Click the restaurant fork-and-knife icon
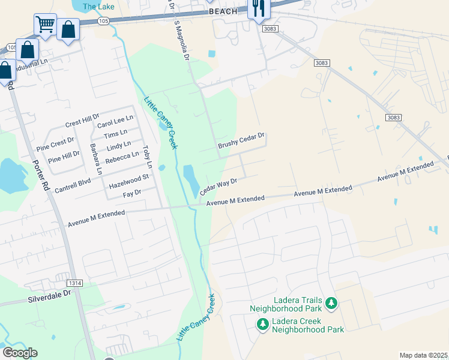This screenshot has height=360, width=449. pos(259,8)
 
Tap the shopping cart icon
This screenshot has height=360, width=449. pos(44,25)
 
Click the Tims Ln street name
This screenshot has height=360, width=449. pos(115,134)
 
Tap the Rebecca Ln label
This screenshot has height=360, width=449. pos(122,158)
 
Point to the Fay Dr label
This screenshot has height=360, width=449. pos(131,193)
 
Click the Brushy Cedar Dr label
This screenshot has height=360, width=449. pos(241,141)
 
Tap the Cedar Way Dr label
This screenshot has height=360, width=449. pos(218,187)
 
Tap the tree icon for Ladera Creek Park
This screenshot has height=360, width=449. pos(262,325)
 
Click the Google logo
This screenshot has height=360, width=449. pos(20,353)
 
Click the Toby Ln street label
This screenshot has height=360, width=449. pos(147,157)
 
